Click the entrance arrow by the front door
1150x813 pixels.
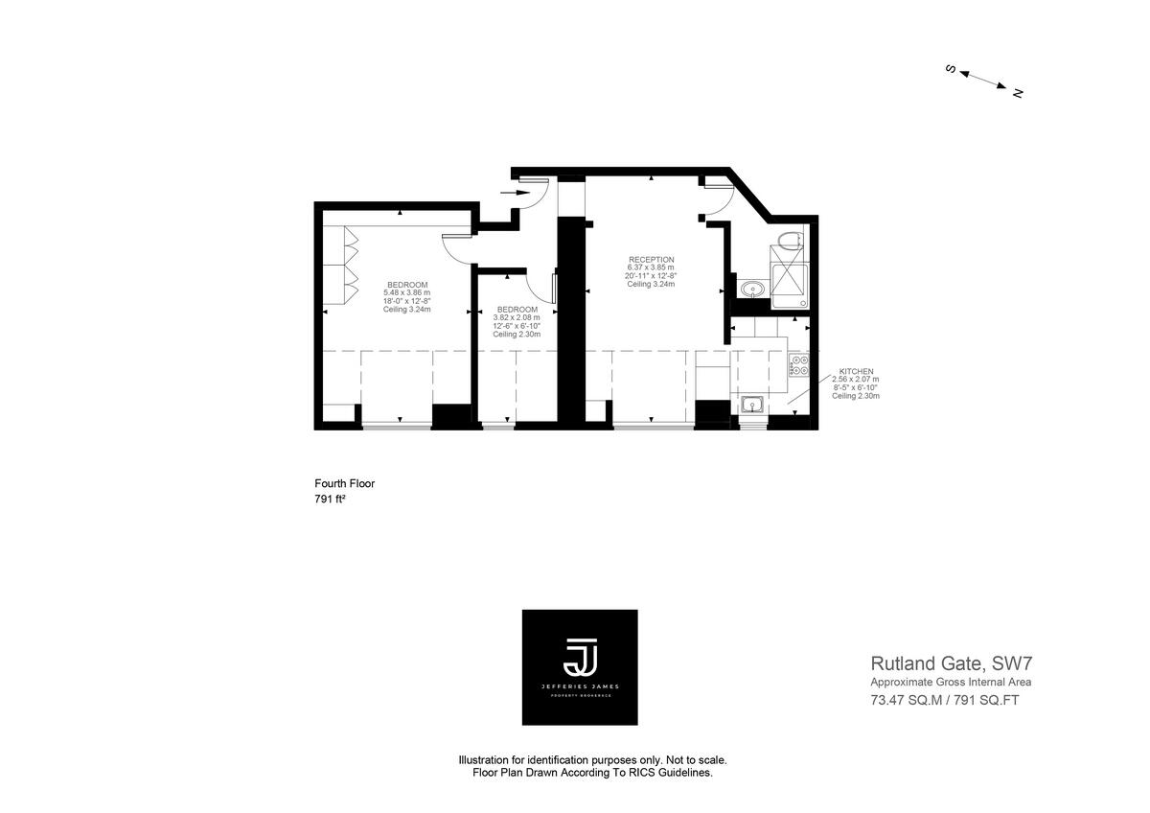point(516,192)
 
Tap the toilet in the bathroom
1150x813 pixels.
point(790,240)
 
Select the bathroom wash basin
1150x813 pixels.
point(750,289)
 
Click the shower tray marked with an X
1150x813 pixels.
point(790,277)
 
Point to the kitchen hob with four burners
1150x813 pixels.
point(798,365)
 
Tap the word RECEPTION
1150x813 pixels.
point(651,259)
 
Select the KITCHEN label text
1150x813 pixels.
point(856,371)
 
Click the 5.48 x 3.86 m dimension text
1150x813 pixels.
point(406,292)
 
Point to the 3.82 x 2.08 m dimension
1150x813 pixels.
point(517,317)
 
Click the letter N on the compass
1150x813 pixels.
point(1018,93)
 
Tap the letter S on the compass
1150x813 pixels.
point(951,69)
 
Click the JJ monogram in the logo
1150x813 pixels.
point(579,657)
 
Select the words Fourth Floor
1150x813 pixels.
point(344,483)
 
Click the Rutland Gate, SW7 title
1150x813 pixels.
point(951,662)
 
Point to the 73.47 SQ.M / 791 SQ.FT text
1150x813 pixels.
point(951,700)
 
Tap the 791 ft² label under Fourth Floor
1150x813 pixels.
point(330,499)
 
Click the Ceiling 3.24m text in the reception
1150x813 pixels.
point(651,285)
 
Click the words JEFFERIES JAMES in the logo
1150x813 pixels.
point(579,687)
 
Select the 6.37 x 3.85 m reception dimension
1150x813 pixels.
point(651,267)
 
